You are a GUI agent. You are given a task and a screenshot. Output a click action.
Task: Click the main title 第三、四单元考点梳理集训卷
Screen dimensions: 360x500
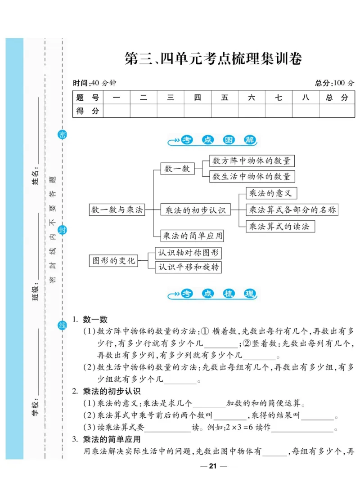[213, 59]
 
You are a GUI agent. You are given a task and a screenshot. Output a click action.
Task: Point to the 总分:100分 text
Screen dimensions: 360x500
[334, 83]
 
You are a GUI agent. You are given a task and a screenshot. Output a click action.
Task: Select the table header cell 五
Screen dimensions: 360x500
[225, 98]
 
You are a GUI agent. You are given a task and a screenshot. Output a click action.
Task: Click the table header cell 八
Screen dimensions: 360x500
[306, 98]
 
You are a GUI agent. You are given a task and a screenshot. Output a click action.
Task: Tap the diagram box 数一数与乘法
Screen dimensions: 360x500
[117, 210]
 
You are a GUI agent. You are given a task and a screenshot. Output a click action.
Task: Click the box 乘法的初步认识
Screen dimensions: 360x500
[195, 210]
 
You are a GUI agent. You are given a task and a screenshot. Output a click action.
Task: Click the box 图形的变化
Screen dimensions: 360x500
[114, 260]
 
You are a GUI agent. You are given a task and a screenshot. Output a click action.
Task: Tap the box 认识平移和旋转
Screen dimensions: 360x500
[189, 267]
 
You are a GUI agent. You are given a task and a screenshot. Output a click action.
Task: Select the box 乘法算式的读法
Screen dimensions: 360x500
[279, 226]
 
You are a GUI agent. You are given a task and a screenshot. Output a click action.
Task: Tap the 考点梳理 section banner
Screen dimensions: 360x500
[213, 294]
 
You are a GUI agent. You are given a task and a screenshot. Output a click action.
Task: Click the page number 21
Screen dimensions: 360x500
[213, 466]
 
